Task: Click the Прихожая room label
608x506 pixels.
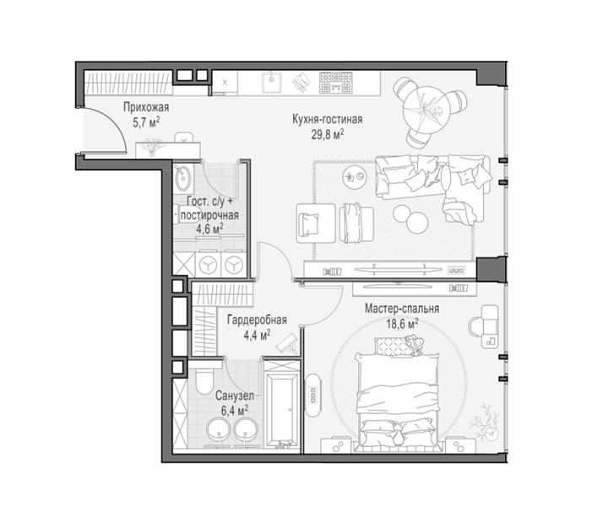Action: tap(146, 107)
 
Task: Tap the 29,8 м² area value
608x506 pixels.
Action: tap(328, 134)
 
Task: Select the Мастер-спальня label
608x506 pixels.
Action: tap(402, 309)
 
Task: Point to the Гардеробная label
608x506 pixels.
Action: tap(257, 320)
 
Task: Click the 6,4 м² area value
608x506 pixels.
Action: tap(235, 411)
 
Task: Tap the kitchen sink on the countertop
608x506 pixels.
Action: tap(271, 82)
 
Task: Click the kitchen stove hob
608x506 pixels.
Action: tap(336, 83)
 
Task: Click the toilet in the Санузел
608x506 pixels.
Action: tap(204, 379)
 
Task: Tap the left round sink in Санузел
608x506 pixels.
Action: tap(219, 430)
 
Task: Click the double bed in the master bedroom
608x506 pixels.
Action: tap(398, 394)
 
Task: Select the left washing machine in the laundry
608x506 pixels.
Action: tap(209, 265)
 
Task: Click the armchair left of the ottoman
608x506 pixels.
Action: tap(315, 223)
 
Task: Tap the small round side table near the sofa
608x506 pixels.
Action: tap(355, 176)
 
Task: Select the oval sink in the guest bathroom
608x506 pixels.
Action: tap(182, 177)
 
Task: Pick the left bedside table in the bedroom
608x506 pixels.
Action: tap(337, 445)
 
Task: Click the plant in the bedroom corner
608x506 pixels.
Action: tap(485, 423)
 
